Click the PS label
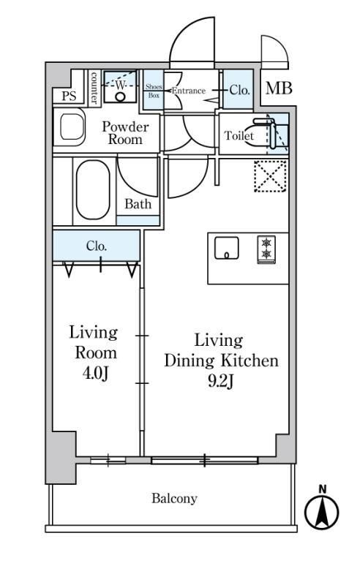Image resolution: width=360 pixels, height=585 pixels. (69, 96)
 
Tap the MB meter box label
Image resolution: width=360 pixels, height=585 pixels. (279, 88)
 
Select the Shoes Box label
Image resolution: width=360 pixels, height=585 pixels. (154, 91)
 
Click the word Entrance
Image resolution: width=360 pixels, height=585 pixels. (189, 91)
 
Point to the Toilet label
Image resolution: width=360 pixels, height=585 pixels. (239, 135)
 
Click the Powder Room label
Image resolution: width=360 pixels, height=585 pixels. (125, 133)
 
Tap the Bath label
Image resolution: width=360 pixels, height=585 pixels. (138, 204)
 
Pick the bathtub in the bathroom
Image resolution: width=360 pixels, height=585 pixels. (93, 189)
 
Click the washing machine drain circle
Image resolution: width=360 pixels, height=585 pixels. (120, 97)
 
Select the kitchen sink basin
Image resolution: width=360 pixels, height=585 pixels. (227, 248)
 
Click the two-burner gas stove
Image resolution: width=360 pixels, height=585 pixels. (266, 249)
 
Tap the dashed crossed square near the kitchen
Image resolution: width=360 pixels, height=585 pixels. (271, 176)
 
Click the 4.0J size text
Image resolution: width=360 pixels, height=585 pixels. (96, 373)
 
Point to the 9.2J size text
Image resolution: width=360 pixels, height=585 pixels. (221, 381)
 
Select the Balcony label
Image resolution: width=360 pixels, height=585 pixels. (174, 499)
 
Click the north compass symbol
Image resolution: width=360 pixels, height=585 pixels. (322, 511)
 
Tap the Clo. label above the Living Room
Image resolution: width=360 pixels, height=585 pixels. (97, 246)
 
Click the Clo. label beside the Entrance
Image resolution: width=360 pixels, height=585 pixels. (239, 90)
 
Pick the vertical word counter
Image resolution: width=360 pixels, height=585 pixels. (94, 88)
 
